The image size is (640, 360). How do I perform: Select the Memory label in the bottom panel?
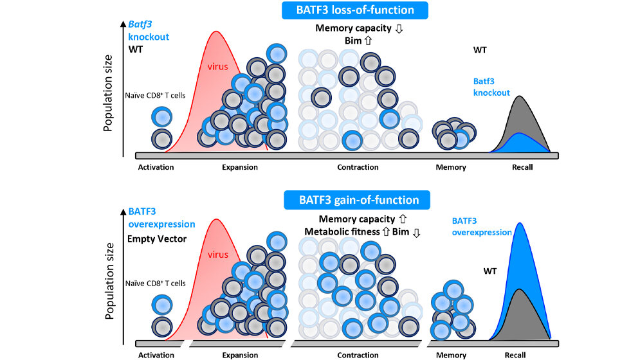450,355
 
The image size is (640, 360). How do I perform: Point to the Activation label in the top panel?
156,168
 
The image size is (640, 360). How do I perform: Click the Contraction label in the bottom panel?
358,355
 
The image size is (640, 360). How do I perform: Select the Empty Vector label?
156,239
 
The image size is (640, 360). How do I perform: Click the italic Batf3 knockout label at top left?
148,31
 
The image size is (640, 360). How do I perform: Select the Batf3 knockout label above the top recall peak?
491,87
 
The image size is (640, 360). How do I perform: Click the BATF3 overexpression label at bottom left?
161,218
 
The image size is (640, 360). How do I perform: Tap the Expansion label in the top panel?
238,168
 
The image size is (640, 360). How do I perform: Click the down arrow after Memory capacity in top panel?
399,28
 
